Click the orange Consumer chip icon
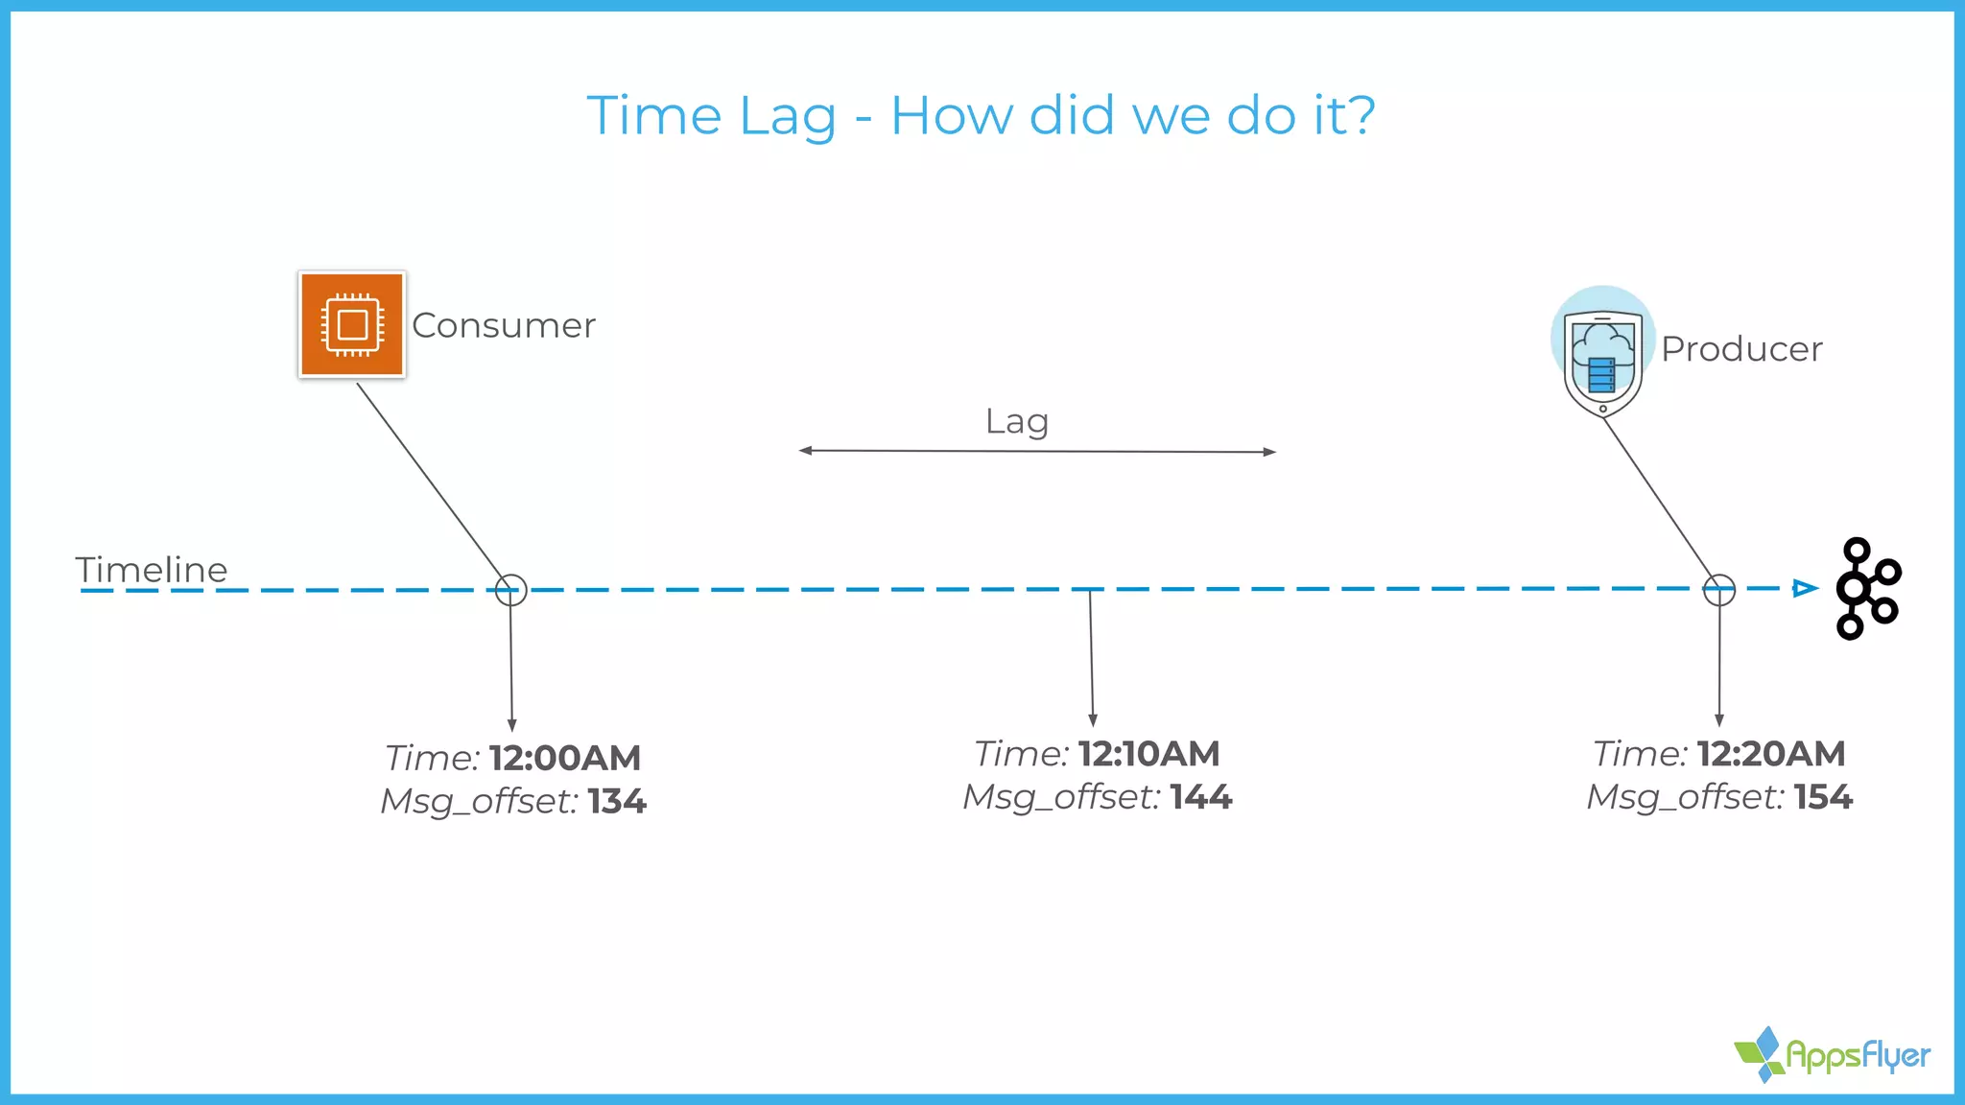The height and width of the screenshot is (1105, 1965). point(352,324)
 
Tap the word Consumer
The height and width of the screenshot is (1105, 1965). point(504,326)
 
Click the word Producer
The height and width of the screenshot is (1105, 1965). point(1741,349)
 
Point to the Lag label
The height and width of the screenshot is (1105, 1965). point(1017,421)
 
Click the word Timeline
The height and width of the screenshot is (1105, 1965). point(152,570)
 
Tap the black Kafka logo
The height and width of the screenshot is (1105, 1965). point(1866,588)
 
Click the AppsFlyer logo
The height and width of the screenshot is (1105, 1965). point(1833,1055)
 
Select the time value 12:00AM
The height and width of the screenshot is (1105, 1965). point(565,758)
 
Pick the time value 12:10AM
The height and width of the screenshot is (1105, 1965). point(1148,754)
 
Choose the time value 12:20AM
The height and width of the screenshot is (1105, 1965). point(1770,754)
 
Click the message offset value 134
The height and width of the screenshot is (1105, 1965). point(617,801)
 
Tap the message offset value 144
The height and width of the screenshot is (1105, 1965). point(1200,797)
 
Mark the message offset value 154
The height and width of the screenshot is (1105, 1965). point(1823,797)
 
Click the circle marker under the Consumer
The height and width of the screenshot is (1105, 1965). point(511,590)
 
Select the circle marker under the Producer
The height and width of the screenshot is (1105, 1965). point(1718,590)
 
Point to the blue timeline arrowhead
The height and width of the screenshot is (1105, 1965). point(1805,588)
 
